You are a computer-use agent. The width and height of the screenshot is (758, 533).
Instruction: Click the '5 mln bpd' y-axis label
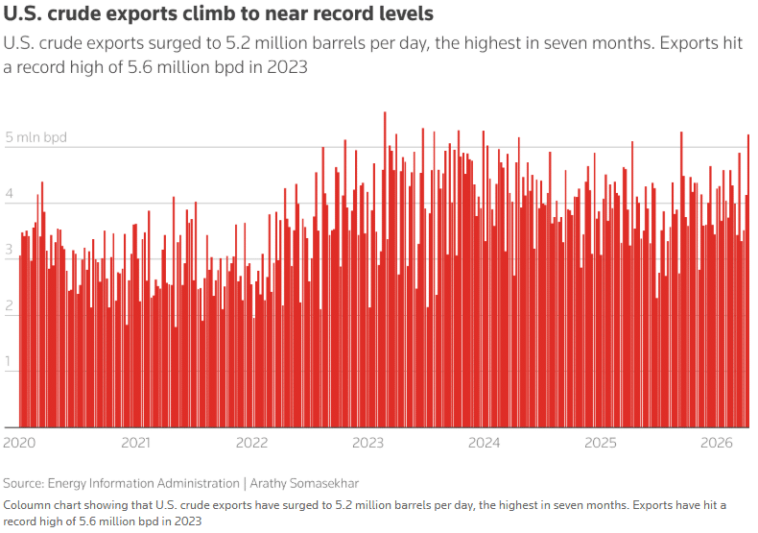(36, 137)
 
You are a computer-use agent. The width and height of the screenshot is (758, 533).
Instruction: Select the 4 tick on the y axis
(10, 194)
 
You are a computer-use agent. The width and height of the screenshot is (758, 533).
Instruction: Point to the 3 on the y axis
(10, 250)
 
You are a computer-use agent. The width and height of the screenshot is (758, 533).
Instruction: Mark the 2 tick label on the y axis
(10, 305)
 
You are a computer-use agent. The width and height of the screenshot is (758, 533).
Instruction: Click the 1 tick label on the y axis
(10, 362)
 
